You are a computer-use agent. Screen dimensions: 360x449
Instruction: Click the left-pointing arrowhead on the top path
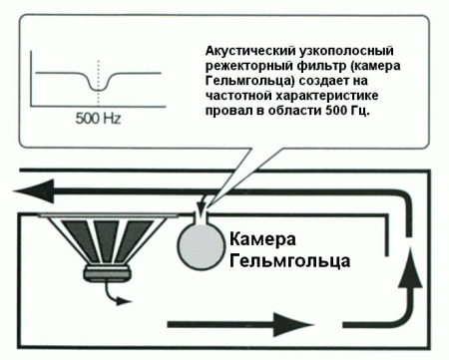[x=40, y=190]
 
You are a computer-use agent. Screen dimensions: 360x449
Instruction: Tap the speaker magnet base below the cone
[x=108, y=272]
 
